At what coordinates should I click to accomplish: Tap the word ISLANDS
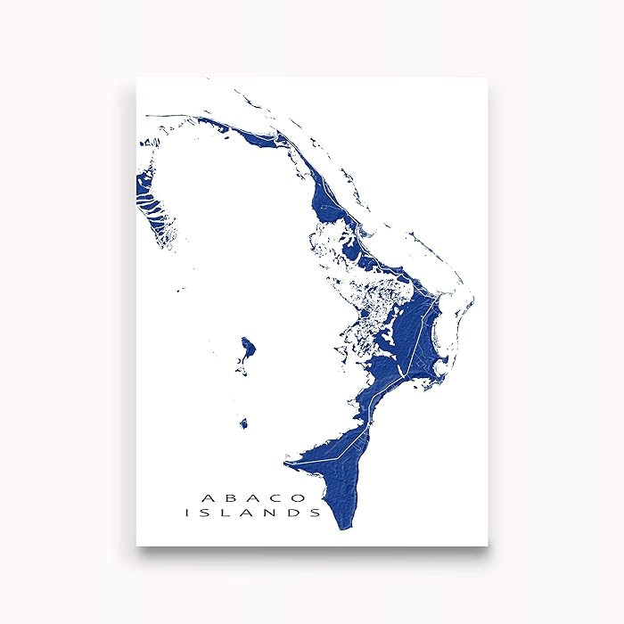point(253,513)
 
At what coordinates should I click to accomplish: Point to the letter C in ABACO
point(279,497)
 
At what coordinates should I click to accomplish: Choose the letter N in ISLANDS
point(275,513)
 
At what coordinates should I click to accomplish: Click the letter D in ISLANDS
point(296,513)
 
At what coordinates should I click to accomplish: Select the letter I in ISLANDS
point(187,513)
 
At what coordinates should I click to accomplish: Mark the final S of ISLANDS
point(316,513)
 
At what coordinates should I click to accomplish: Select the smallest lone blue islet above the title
point(243,424)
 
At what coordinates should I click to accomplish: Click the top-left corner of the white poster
point(136,78)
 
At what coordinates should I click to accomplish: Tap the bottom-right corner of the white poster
point(488,546)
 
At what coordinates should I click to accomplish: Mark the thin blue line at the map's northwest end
point(169,116)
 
